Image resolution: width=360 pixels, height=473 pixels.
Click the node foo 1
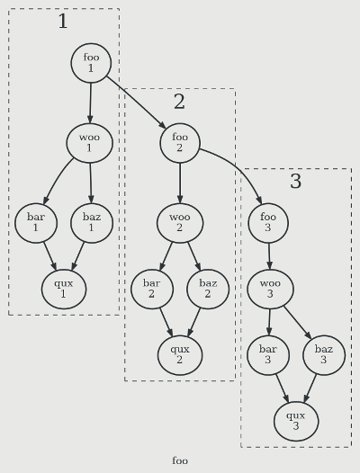click(x=91, y=63)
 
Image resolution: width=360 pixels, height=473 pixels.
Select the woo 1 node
click(x=90, y=143)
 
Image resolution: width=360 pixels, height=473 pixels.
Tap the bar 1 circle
click(x=36, y=223)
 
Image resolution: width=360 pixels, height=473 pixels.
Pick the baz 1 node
click(x=92, y=223)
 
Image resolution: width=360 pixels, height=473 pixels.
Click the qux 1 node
click(x=64, y=289)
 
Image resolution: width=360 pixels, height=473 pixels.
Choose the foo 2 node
click(x=180, y=143)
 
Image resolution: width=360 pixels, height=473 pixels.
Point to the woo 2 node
click(x=180, y=223)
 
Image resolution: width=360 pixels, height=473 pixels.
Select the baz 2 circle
click(x=208, y=289)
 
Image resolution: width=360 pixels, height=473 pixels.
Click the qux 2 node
click(x=180, y=355)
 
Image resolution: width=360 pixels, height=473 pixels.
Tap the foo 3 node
click(x=268, y=223)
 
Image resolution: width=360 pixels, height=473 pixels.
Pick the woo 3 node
click(x=270, y=289)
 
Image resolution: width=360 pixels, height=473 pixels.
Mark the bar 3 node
click(x=268, y=355)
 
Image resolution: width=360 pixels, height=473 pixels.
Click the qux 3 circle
click(x=296, y=422)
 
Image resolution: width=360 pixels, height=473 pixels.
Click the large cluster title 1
click(x=63, y=22)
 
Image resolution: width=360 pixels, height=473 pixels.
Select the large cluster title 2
click(x=179, y=102)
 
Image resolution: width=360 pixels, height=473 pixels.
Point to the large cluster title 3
click(x=296, y=182)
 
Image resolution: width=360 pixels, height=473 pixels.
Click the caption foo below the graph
click(x=180, y=461)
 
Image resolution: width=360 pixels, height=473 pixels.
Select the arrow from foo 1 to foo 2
click(x=137, y=103)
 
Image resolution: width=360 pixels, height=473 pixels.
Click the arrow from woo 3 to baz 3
click(x=297, y=323)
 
